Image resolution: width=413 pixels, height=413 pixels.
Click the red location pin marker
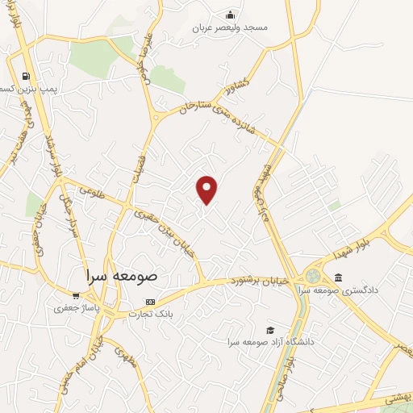click(x=208, y=189)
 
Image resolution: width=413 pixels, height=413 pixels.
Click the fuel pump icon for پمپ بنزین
click(x=25, y=79)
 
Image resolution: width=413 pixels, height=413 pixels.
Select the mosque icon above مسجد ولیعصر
click(x=230, y=15)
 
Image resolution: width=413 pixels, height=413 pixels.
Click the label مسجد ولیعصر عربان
click(x=230, y=27)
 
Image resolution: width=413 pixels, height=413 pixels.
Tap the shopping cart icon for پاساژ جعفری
click(x=76, y=296)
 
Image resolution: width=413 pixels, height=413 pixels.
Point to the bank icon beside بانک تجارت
click(x=149, y=301)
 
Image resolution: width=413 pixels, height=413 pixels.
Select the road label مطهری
click(x=121, y=353)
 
